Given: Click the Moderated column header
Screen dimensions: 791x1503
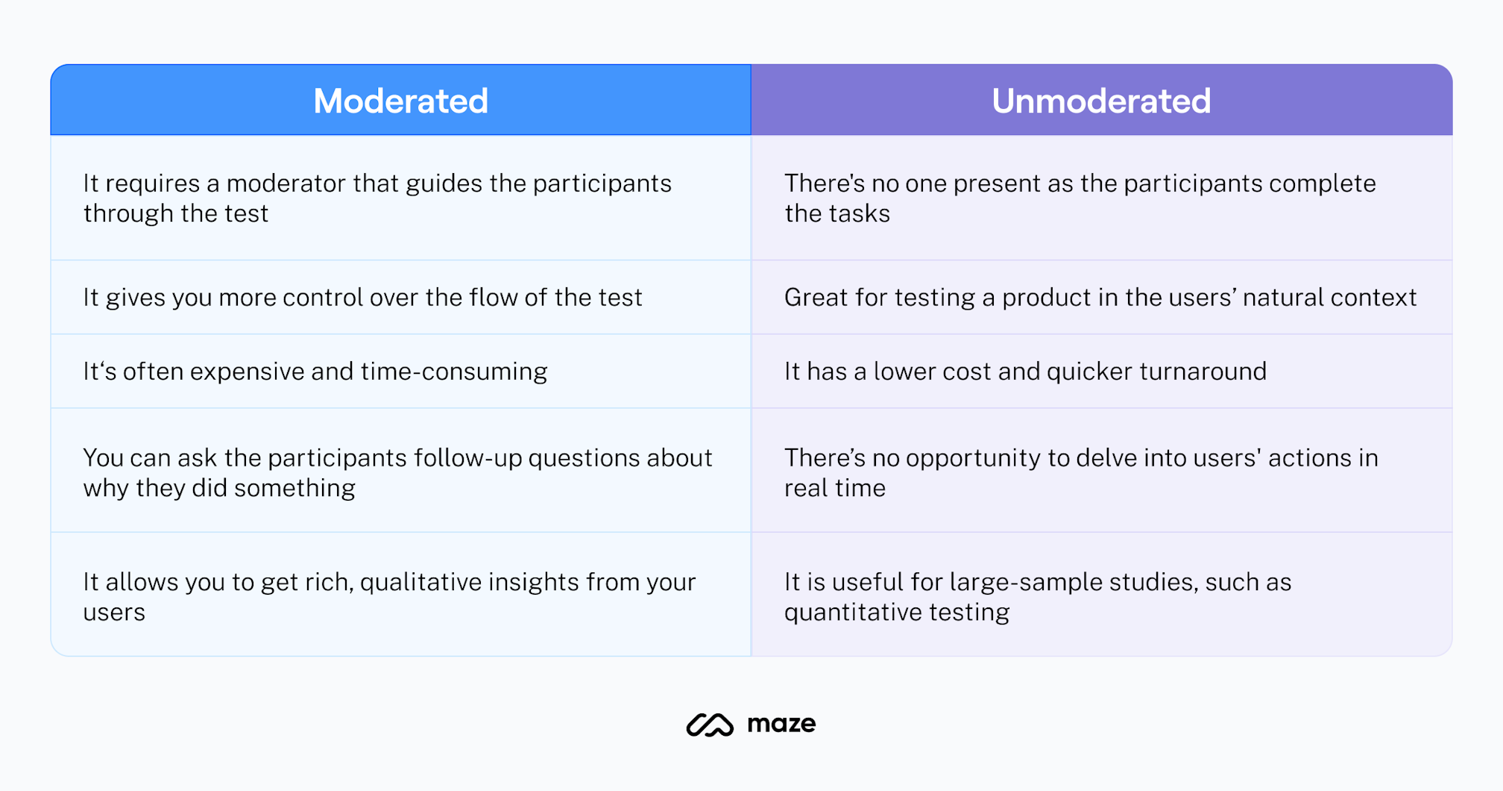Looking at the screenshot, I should pyautogui.click(x=400, y=101).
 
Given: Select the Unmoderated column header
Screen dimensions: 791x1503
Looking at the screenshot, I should pyautogui.click(x=1101, y=101).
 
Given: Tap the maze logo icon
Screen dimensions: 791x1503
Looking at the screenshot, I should pyautogui.click(x=710, y=725).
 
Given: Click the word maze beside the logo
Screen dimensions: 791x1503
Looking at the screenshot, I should pyautogui.click(x=781, y=724).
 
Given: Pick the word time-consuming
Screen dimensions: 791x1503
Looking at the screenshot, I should pyautogui.click(x=453, y=372).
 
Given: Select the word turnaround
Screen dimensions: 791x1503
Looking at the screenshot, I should pyautogui.click(x=1202, y=372).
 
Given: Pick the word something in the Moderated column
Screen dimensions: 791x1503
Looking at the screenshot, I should pyautogui.click(x=294, y=488).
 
